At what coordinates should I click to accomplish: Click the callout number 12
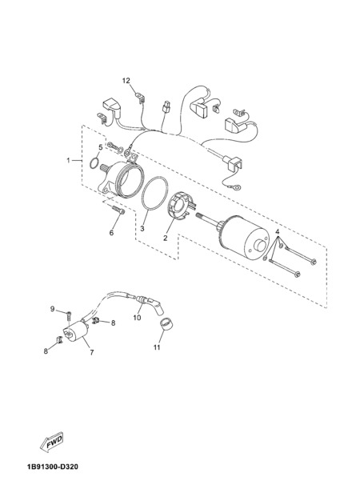(126, 81)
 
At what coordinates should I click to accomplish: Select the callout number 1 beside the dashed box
(68, 160)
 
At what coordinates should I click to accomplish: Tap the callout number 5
(101, 147)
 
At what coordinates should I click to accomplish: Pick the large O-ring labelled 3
(154, 194)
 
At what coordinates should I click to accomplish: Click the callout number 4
(278, 231)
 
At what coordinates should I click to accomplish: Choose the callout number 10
(137, 317)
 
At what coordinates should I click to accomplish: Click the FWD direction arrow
(52, 442)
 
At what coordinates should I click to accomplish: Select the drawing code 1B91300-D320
(53, 467)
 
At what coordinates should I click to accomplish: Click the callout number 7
(91, 352)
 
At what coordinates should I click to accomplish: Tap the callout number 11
(157, 347)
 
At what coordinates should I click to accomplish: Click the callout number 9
(53, 309)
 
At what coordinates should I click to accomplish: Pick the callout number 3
(142, 228)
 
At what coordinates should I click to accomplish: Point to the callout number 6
(111, 233)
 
